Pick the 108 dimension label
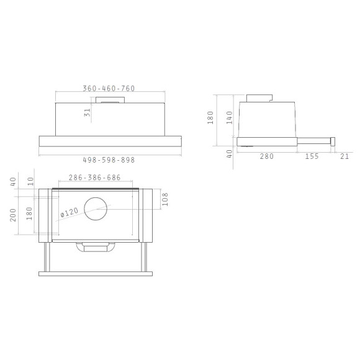point(165,199)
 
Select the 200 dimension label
point(14,215)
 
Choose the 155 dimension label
point(312,156)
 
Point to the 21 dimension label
point(344,156)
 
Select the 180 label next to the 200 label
point(31,215)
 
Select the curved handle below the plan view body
point(95,248)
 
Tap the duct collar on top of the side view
point(259,98)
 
